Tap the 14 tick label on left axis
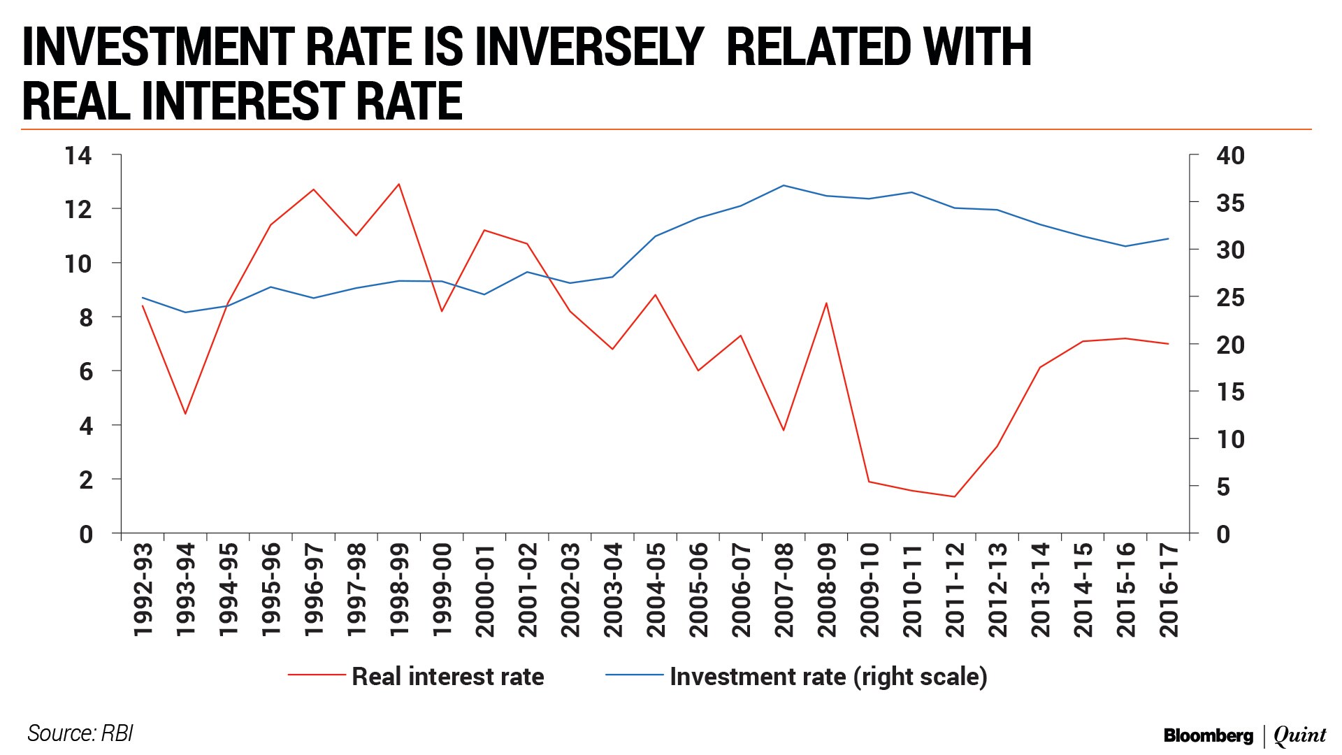[78, 155]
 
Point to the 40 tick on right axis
[1230, 155]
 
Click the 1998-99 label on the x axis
[399, 591]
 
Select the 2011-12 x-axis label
[955, 591]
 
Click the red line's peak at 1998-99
[399, 184]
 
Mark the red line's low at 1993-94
[185, 414]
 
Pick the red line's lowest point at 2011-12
[954, 497]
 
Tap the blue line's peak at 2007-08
[784, 185]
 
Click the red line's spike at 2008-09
[826, 303]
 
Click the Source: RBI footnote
[80, 733]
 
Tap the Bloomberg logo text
[1208, 735]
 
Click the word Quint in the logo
[1299, 735]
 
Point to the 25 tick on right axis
[1230, 297]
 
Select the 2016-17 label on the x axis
[1169, 591]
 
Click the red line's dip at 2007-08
[784, 430]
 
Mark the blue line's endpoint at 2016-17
[1168, 239]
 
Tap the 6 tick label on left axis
[86, 371]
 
